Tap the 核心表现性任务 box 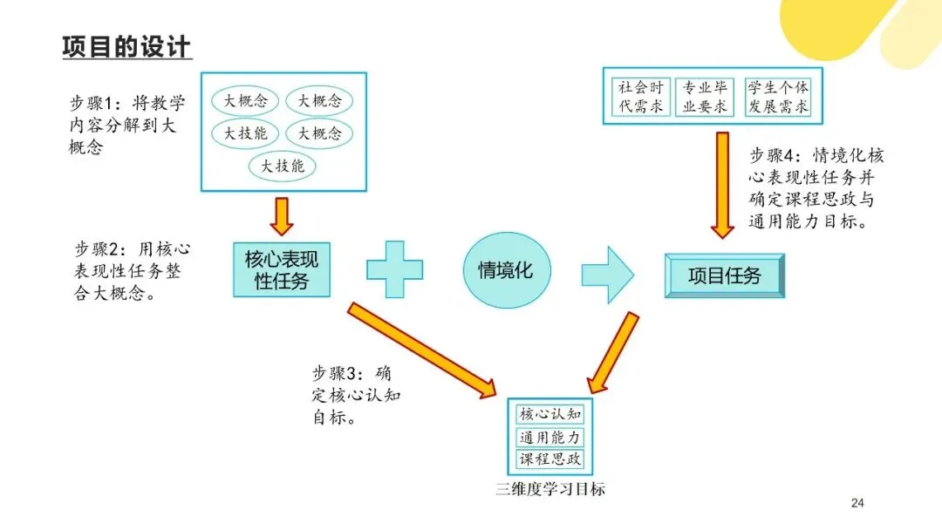tap(281, 270)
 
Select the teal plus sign tap(394, 270)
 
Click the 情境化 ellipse tap(505, 270)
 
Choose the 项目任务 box tap(724, 276)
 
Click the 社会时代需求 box tap(641, 97)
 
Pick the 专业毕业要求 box tap(705, 97)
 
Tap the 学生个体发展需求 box tap(777, 97)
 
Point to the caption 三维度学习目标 tap(548, 488)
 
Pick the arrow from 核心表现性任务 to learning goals tap(422, 348)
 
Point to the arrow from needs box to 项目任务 tap(721, 184)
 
